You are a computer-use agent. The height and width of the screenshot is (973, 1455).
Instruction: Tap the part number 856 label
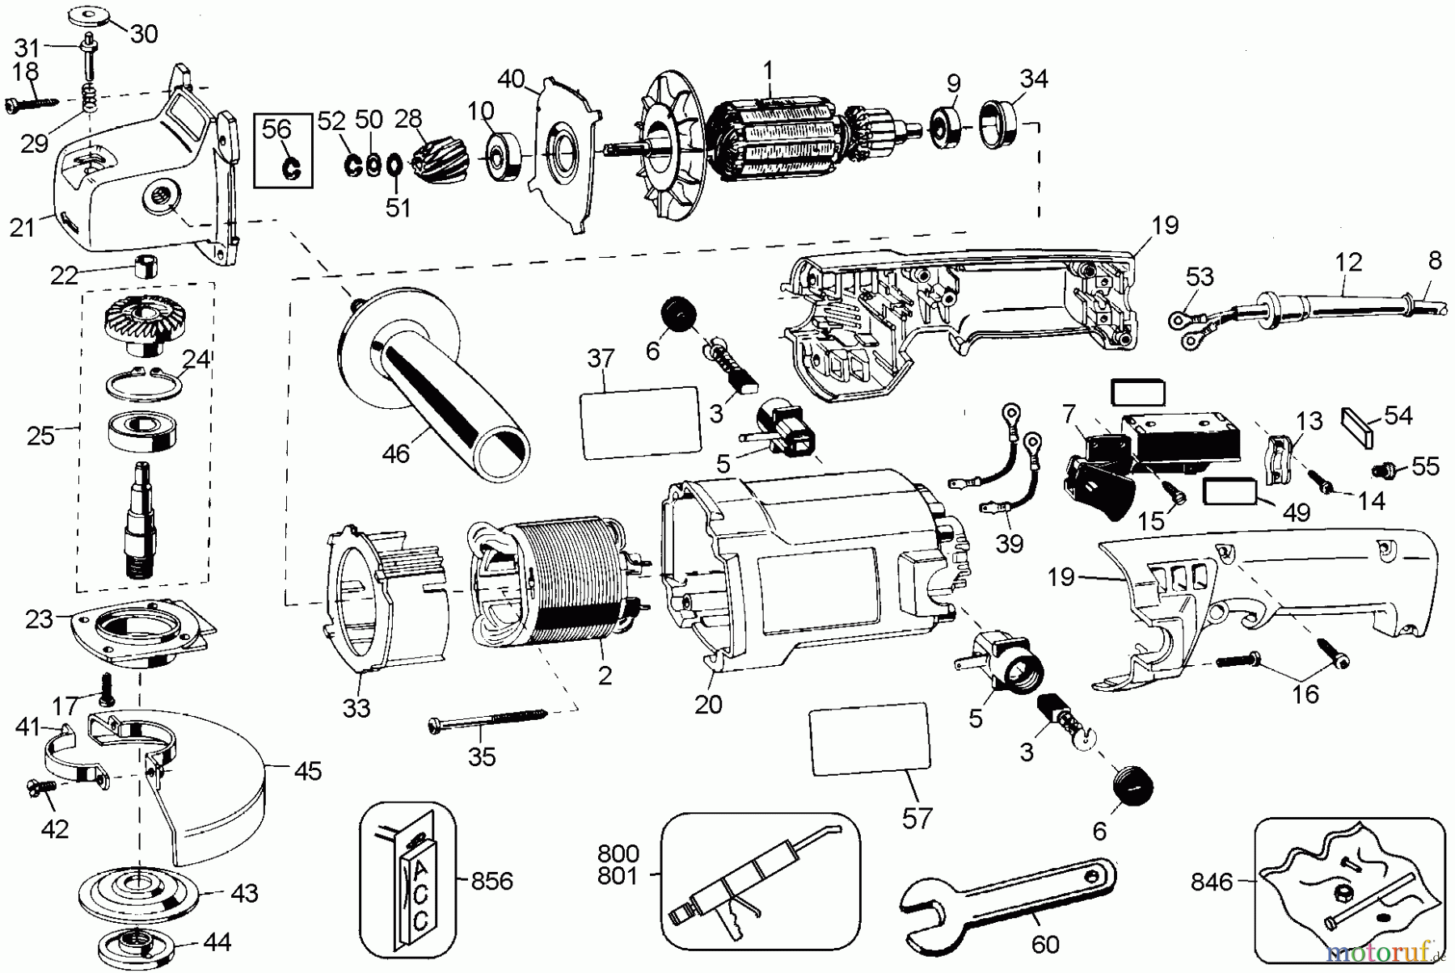[x=491, y=880]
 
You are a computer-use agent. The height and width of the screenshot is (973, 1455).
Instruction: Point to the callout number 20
[x=708, y=705]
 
